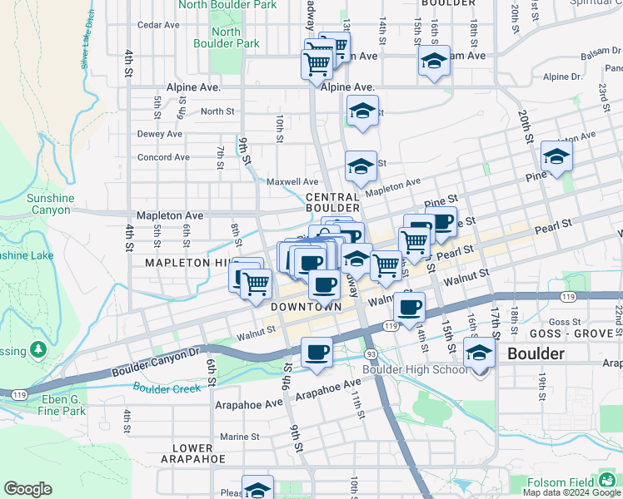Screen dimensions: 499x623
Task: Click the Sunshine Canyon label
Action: pos(50,205)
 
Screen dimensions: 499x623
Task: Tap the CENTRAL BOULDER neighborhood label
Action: pos(332,202)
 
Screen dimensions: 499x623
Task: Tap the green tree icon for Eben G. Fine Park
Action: pos(38,349)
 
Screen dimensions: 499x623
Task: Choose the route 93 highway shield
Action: pos(370,354)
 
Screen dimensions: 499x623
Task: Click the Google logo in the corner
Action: pos(27,489)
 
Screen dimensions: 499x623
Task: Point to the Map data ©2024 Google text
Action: pos(571,492)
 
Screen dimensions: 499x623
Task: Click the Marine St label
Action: pos(240,437)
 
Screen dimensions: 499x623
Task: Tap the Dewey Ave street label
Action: pos(159,133)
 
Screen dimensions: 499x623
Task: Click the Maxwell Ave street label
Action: pos(292,181)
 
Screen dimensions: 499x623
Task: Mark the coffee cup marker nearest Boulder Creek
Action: pos(316,352)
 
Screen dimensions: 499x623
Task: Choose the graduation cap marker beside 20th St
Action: pos(556,156)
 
